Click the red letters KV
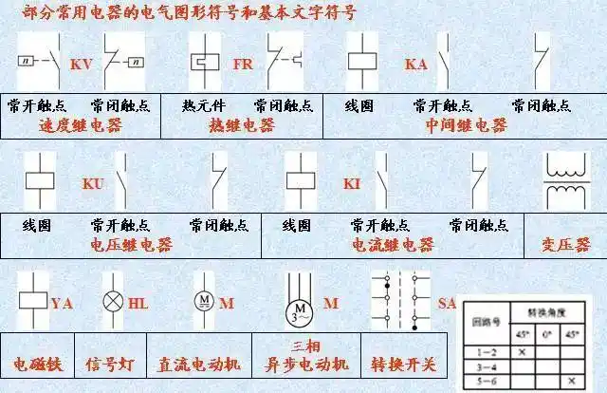(81, 65)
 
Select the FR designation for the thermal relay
(243, 65)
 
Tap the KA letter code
(416, 65)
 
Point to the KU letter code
(93, 182)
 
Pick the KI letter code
(353, 182)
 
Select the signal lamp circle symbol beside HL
(113, 304)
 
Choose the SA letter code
(448, 303)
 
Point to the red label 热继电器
(242, 125)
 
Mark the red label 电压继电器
(131, 245)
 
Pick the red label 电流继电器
(393, 245)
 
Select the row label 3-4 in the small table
(484, 365)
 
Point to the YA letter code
(62, 304)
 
